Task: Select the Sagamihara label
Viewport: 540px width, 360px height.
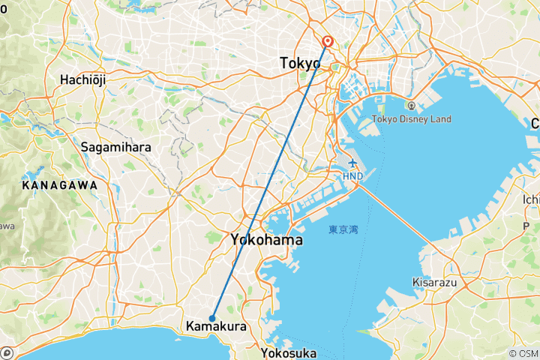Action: [116, 147]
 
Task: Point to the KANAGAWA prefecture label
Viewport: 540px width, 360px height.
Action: [60, 184]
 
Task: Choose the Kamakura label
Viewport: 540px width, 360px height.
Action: [215, 328]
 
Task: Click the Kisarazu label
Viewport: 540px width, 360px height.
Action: [436, 282]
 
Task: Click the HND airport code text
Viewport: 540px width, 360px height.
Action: [353, 177]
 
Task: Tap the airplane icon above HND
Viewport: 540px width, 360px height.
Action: [353, 164]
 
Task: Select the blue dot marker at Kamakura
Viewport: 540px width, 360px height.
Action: [213, 318]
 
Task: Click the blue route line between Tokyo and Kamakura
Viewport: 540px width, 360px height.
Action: [270, 180]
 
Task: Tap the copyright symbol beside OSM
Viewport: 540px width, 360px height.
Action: [514, 353]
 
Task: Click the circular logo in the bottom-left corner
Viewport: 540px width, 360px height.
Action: [6, 352]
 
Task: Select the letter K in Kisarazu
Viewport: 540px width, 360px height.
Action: [416, 282]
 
